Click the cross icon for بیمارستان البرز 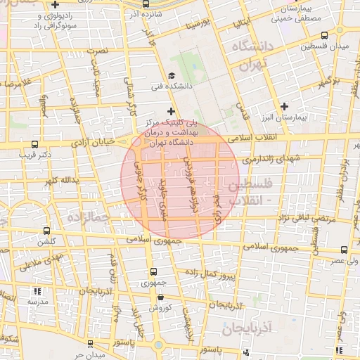[285, 106]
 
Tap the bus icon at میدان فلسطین [323, 35]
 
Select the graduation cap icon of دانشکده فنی [171, 76]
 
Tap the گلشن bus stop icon [47, 230]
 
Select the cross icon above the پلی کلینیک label [170, 110]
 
